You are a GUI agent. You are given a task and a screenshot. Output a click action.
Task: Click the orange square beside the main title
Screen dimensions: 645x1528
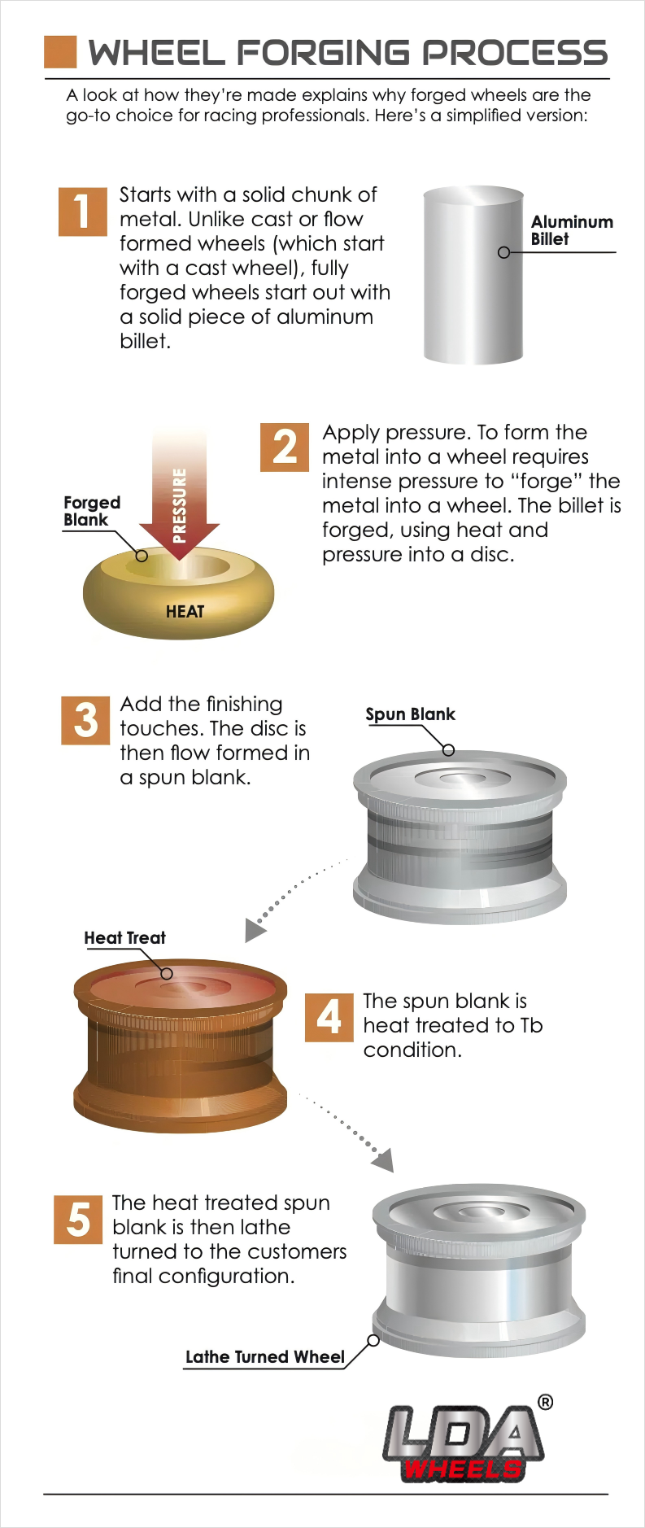pos(60,51)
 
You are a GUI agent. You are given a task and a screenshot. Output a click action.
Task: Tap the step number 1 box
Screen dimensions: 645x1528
pos(83,212)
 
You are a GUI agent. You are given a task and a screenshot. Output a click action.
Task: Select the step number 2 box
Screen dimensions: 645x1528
pos(285,447)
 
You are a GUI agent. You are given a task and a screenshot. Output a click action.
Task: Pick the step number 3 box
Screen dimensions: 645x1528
pos(85,720)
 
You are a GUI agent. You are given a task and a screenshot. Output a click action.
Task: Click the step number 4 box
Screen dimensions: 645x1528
pos(329,1017)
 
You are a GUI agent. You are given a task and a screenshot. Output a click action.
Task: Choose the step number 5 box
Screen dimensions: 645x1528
pos(78,1219)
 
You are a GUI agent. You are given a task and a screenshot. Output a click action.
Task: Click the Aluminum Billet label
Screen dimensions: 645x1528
pos(572,230)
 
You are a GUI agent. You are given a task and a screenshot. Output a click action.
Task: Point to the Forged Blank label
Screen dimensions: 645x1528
pos(92,511)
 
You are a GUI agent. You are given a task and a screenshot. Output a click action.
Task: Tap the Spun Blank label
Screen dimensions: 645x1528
pos(410,714)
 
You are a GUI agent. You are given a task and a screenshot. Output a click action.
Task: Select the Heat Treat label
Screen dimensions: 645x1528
pos(124,937)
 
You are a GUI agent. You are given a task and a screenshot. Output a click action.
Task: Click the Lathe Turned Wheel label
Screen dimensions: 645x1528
pos(265,1356)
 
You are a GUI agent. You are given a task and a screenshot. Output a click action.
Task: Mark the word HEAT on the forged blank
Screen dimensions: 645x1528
pos(185,611)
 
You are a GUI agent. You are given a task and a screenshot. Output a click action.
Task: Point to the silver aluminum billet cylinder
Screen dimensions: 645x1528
pos(473,275)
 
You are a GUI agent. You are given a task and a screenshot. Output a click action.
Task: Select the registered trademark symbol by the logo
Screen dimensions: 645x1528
pos(546,1401)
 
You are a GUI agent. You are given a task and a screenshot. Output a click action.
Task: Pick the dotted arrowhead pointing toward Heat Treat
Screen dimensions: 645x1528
pos(255,929)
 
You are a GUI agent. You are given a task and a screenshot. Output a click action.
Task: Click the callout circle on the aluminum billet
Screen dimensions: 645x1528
pos(503,252)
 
